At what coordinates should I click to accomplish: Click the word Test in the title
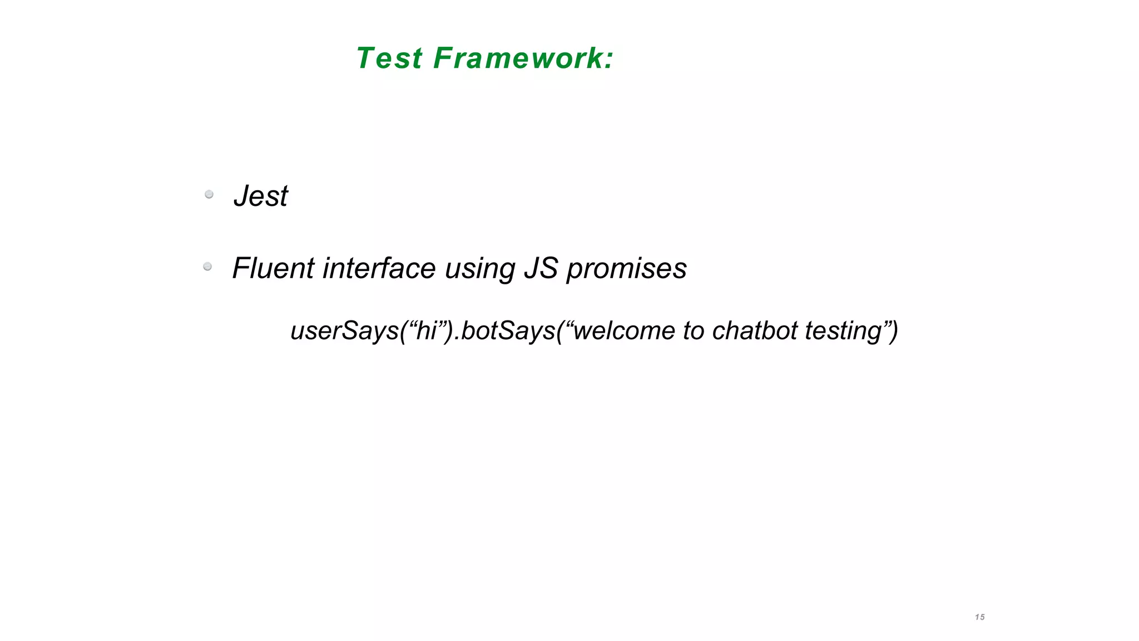389,58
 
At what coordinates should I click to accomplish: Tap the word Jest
261,196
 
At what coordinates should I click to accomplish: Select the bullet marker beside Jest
209,194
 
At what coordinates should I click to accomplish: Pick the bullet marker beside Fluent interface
207,267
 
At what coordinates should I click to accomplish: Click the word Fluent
273,268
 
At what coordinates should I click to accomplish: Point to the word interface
379,268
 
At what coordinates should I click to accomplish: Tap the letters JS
541,268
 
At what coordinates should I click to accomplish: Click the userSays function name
344,331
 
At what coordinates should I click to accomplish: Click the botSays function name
508,331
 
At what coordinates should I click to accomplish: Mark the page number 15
980,617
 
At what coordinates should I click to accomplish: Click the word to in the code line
694,331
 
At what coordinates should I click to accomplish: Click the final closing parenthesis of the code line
893,331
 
